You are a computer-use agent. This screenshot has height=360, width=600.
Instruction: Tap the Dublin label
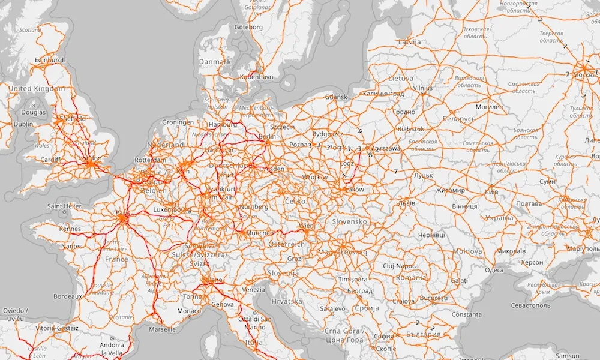pos(23,124)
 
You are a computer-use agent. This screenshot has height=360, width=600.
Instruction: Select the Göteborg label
pos(248,27)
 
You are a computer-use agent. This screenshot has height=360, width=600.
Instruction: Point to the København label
pos(256,77)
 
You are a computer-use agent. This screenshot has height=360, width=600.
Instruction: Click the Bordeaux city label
pos(67,296)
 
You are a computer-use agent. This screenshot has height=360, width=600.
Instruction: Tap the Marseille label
pos(163,329)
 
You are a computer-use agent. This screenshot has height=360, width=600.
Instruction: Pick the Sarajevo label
pos(332,308)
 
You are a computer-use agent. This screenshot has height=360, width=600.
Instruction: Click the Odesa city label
pos(494,270)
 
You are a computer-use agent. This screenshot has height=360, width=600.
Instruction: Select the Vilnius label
pos(422,88)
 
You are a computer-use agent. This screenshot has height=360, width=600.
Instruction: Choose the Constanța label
pos(467,314)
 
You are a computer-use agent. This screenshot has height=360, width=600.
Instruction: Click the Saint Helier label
pos(64,206)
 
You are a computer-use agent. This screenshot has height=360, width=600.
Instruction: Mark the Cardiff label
pos(51,160)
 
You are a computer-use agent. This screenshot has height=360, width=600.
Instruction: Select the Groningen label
pos(178,122)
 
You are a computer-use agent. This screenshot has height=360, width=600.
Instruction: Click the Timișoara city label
pos(352,280)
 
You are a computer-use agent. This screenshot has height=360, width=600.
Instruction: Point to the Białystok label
pos(410,129)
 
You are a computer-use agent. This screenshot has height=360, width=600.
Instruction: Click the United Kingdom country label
pos(37,89)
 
